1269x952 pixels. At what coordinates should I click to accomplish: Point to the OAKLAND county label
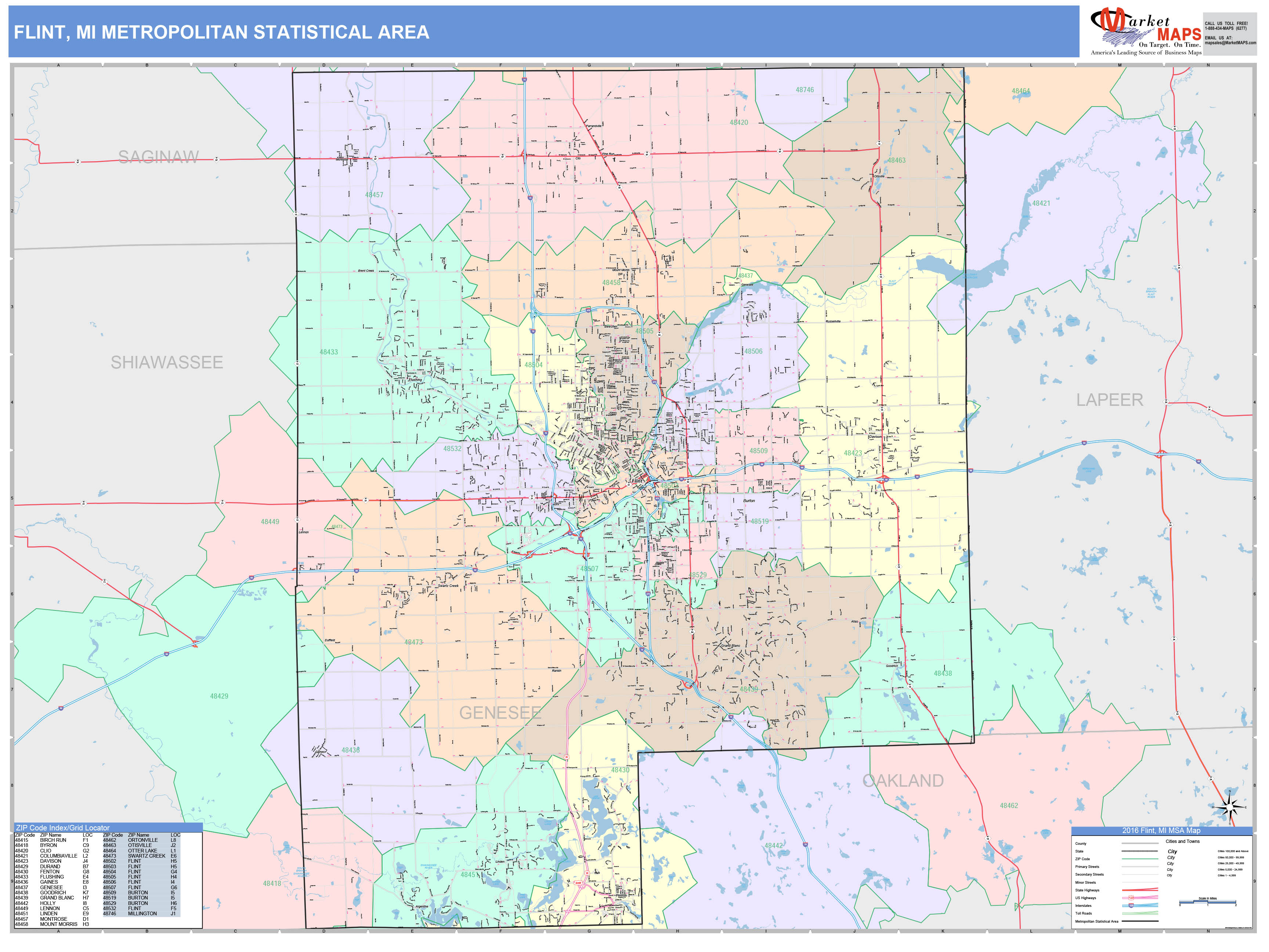[x=903, y=780]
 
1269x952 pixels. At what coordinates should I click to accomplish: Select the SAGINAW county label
[x=158, y=157]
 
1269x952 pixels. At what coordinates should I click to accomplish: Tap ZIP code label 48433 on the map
[x=329, y=352]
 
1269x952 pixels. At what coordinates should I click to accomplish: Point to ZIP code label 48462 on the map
[x=1009, y=806]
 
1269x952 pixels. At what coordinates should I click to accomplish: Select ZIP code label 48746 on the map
[x=804, y=90]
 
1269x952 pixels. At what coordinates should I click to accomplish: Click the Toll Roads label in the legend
[x=1083, y=913]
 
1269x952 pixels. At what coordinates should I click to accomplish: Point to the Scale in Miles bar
[x=1208, y=903]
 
